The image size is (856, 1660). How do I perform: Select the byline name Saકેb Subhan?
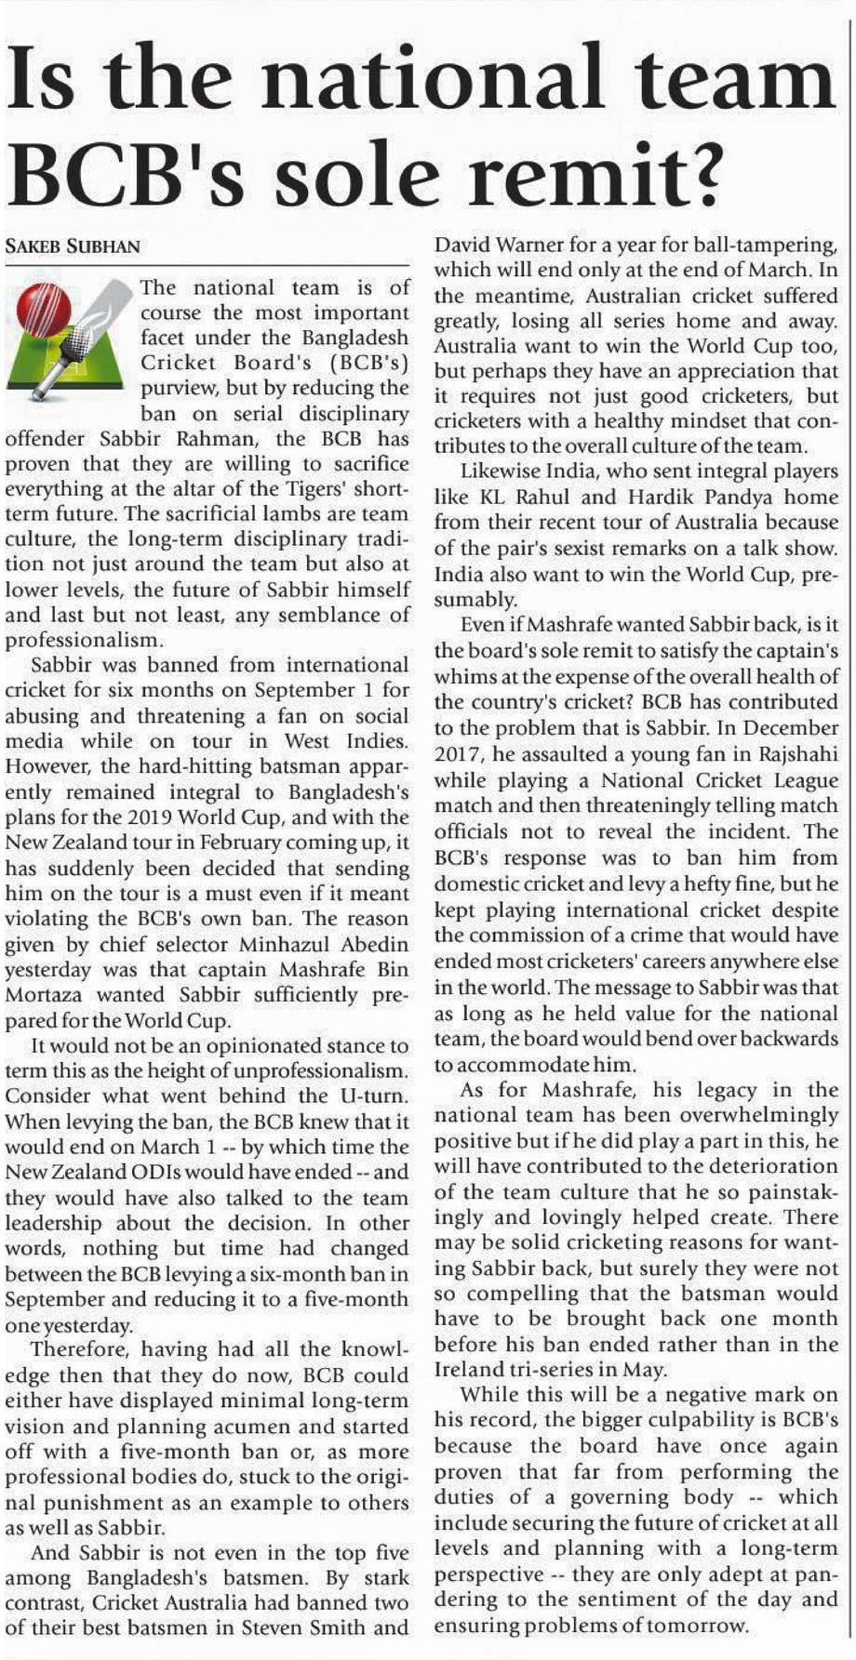pyautogui.click(x=73, y=246)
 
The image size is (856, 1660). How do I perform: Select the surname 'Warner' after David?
pyautogui.click(x=534, y=246)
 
